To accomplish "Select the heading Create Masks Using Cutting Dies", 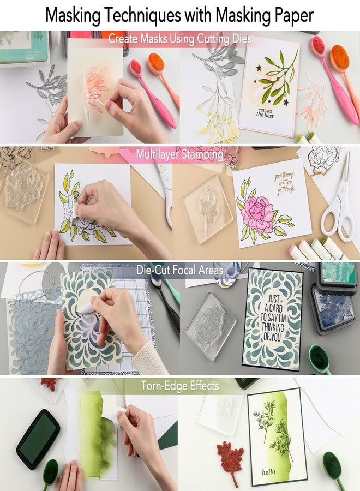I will [179, 39].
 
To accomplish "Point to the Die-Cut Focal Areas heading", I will [179, 270].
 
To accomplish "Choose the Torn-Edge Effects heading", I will [179, 386].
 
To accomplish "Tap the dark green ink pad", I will [38, 431].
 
